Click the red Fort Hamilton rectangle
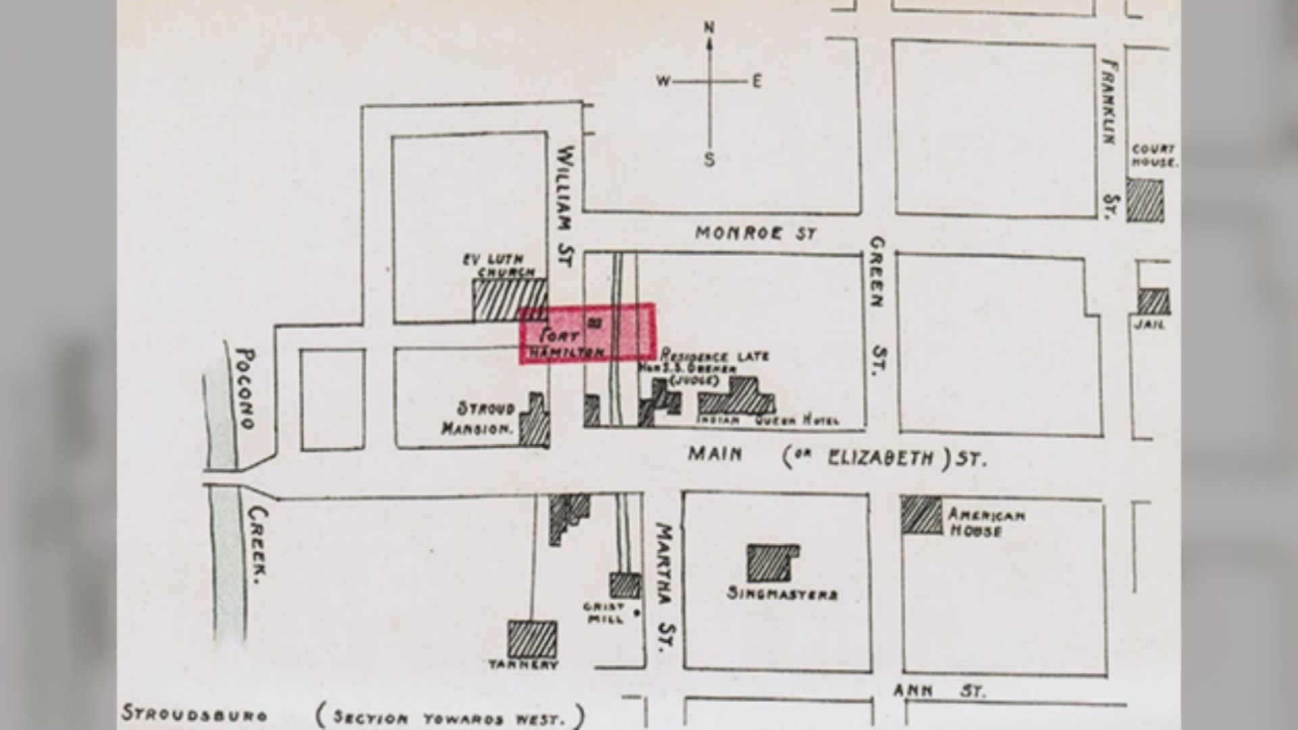[x=586, y=333]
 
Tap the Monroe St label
[x=756, y=233]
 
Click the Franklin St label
[x=1109, y=139]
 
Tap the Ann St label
[x=939, y=690]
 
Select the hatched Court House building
[x=1145, y=200]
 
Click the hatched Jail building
[x=1153, y=301]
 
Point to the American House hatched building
[x=921, y=515]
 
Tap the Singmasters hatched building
[x=771, y=562]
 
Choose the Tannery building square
[x=532, y=639]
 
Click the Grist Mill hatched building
[x=625, y=585]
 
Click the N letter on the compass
[x=709, y=28]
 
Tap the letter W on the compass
[x=663, y=82]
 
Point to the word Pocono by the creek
[x=246, y=389]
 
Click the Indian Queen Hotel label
[x=769, y=420]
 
